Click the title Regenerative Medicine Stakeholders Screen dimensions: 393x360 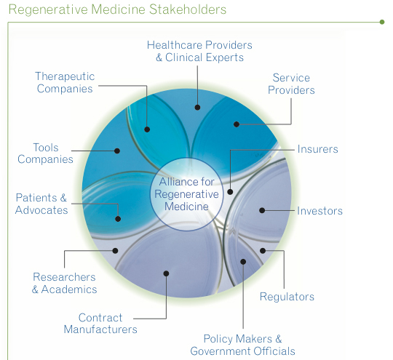click(117, 9)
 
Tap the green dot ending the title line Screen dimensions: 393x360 click(382, 22)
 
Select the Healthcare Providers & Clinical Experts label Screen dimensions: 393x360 click(199, 52)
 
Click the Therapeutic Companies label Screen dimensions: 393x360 click(65, 83)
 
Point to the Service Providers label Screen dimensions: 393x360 click(291, 84)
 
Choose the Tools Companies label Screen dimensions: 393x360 click(45, 153)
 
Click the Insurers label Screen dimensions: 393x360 click(318, 149)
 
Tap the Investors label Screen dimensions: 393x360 click(319, 211)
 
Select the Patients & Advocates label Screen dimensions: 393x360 click(41, 204)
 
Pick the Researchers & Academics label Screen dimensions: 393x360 click(65, 283)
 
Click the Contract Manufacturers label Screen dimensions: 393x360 click(100, 324)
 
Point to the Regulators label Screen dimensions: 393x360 click(287, 297)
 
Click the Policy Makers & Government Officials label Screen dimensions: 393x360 click(242, 345)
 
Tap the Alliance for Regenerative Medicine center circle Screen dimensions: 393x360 click(186, 194)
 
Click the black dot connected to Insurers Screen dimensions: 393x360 click(230, 192)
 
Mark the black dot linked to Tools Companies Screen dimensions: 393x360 click(117, 151)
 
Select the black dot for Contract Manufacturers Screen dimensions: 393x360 click(166, 273)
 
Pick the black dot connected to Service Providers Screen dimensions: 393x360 click(237, 124)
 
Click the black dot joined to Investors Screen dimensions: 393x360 click(262, 210)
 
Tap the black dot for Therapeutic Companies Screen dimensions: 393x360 click(147, 129)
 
